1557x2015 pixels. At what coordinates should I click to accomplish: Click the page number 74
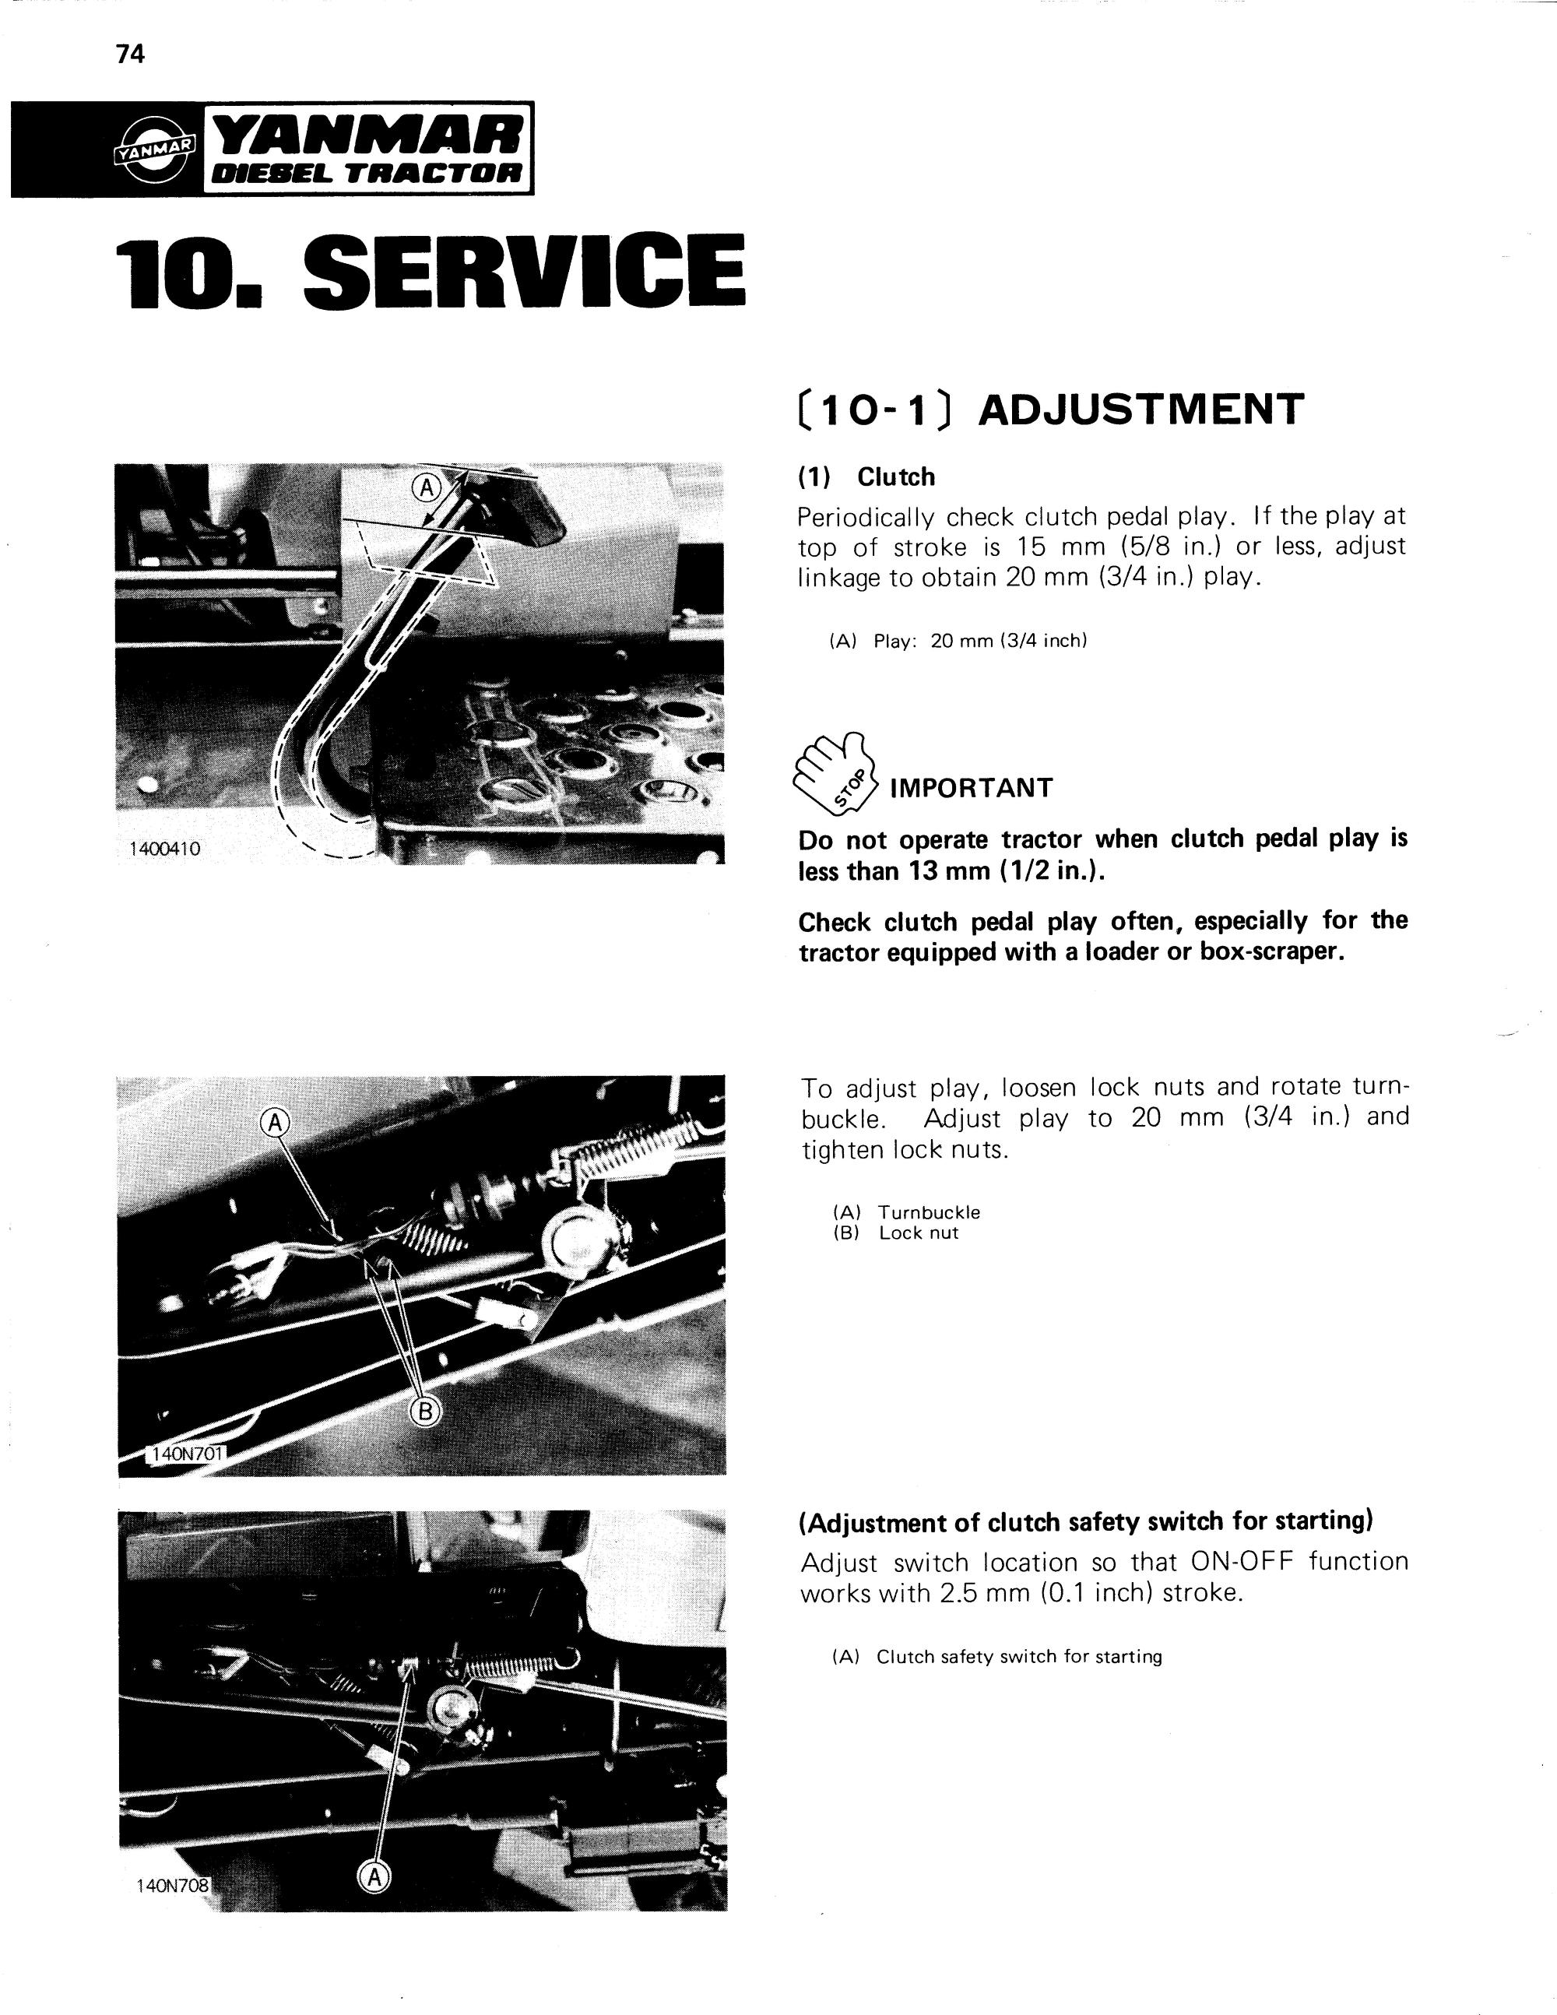[x=131, y=55]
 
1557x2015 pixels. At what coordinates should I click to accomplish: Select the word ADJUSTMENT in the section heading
[x=1141, y=410]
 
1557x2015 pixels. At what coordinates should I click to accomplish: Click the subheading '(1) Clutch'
[x=867, y=477]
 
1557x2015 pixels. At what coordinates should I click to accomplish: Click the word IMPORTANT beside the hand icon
[x=972, y=788]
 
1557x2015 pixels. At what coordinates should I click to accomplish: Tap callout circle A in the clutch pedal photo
[x=426, y=488]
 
